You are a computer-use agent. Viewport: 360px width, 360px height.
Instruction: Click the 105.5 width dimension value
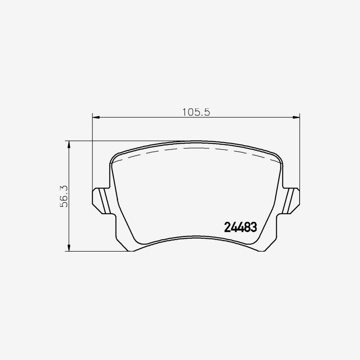point(196,112)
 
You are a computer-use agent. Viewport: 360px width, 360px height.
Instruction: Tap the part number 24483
point(240,228)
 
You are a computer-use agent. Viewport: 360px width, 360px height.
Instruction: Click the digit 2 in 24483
point(227,228)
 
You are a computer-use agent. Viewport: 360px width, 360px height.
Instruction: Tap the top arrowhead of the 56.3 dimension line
point(69,144)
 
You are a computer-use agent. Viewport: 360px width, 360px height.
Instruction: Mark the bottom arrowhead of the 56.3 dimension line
point(69,248)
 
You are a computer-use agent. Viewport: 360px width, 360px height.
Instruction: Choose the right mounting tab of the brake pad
point(291,200)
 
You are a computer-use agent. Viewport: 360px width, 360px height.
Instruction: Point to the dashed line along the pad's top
point(196,148)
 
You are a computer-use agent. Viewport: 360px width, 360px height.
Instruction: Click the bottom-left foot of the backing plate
point(128,249)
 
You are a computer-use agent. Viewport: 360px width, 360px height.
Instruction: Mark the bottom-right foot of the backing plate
point(263,249)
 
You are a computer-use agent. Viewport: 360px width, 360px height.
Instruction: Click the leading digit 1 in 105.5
point(185,112)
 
